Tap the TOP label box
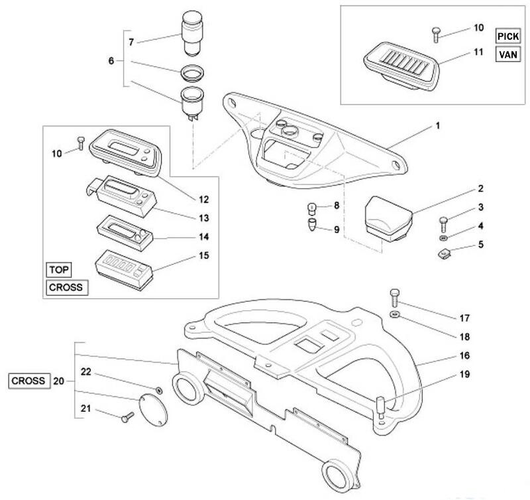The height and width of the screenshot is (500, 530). point(58,271)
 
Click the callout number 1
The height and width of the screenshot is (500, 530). point(438,124)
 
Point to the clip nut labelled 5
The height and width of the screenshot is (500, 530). point(445,252)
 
